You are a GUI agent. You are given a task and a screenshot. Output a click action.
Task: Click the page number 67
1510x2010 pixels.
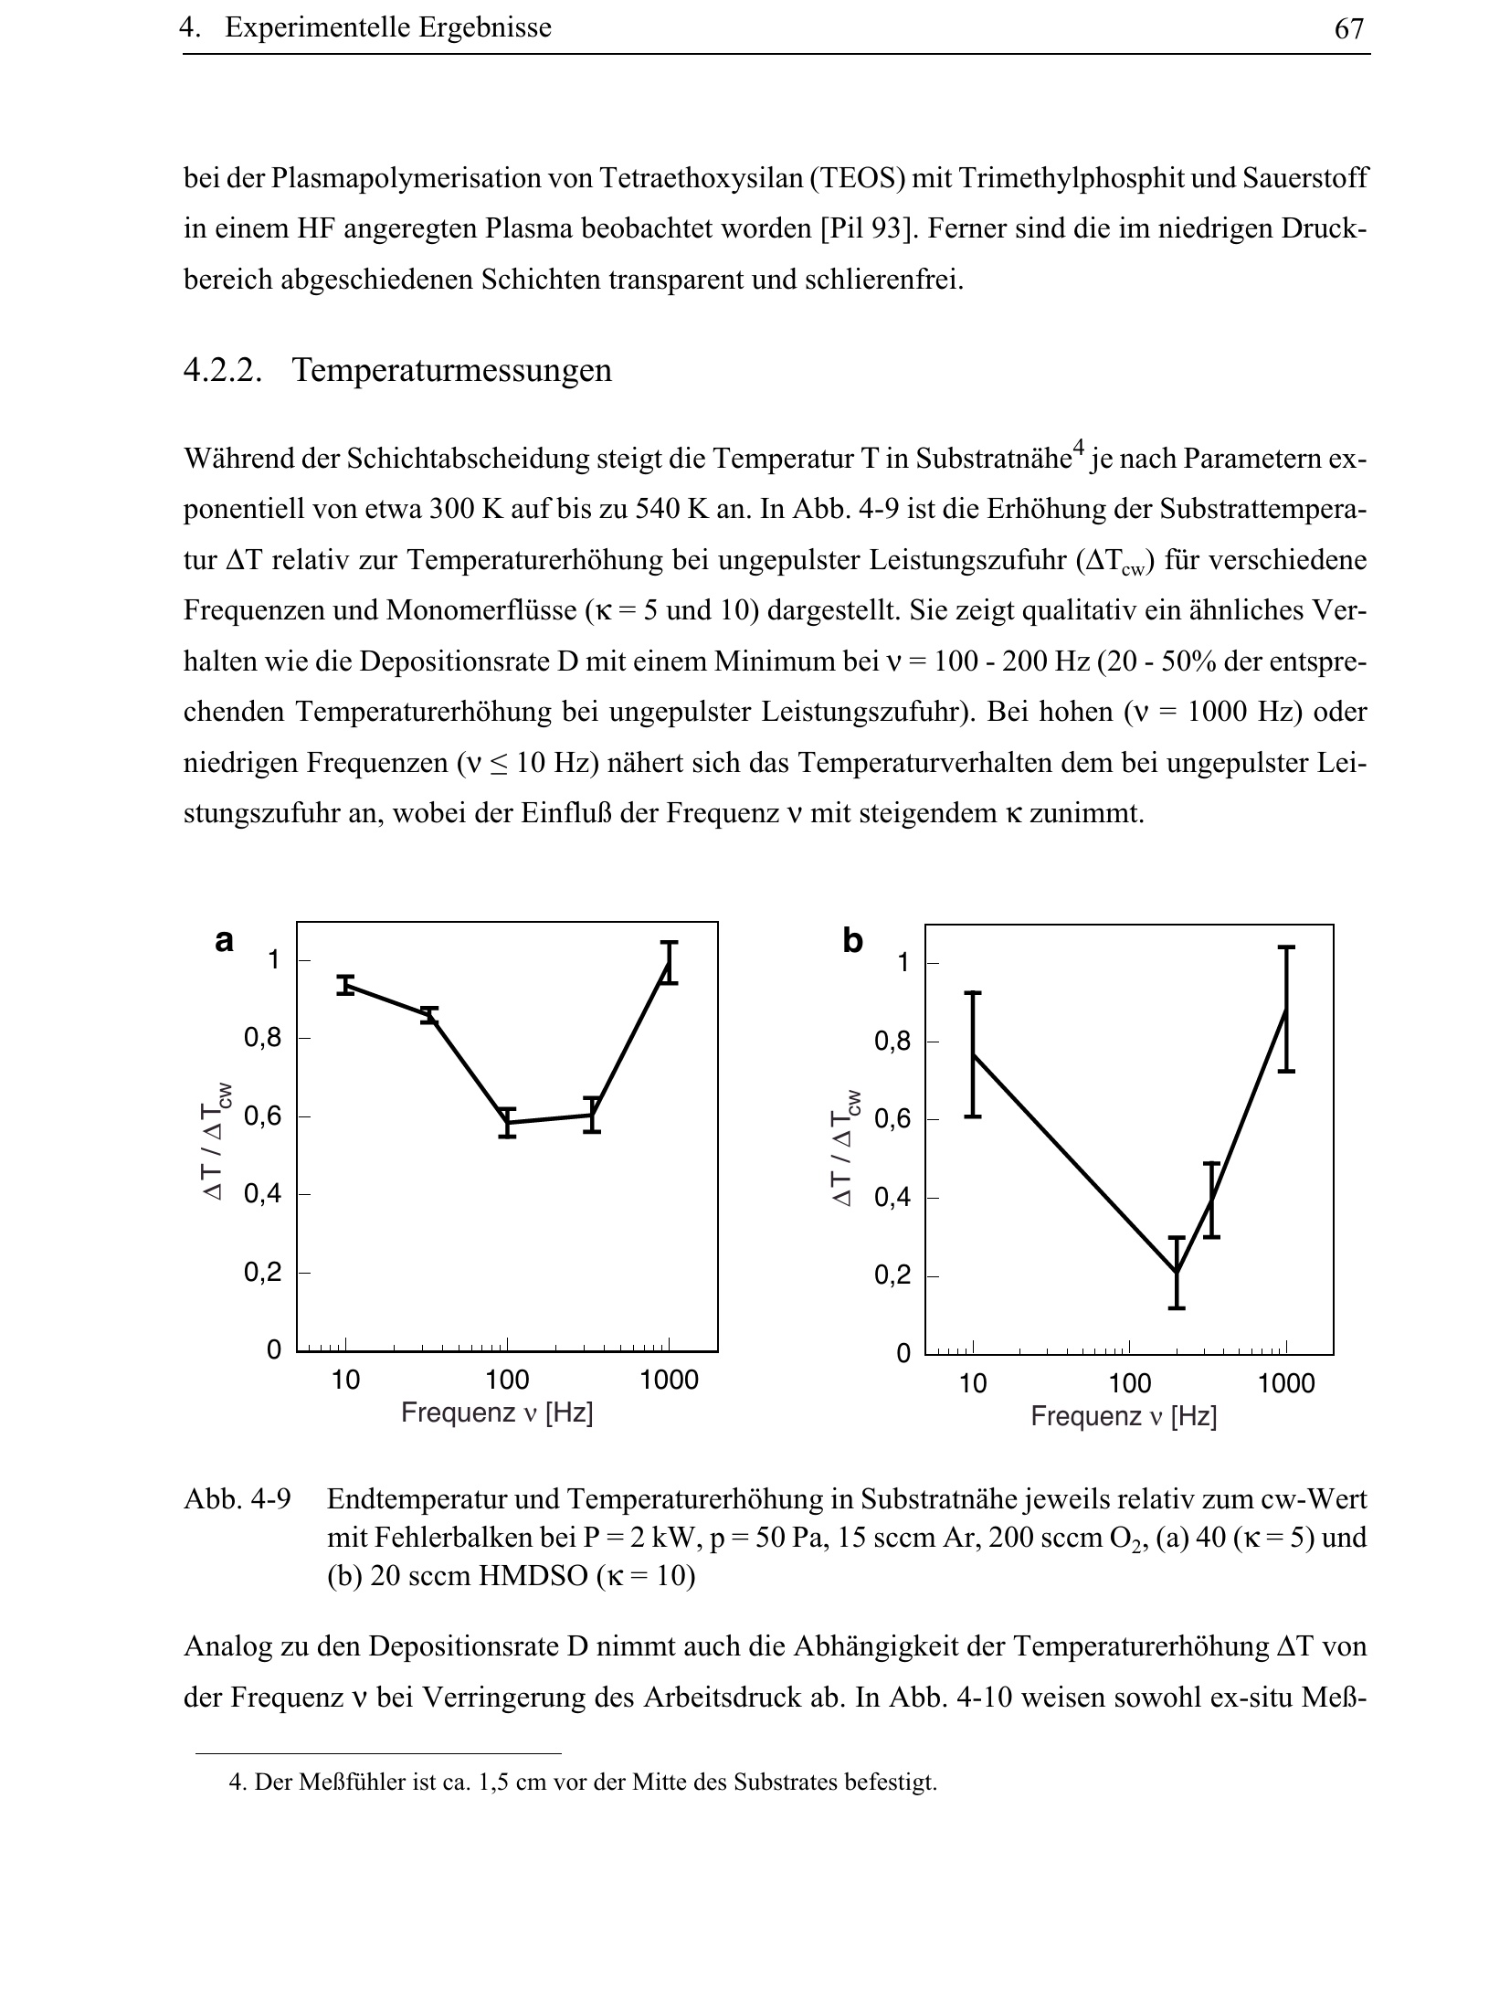[1348, 29]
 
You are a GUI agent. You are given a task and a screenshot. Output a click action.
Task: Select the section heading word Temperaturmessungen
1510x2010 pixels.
[452, 371]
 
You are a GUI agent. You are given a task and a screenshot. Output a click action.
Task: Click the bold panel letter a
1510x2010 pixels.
[224, 940]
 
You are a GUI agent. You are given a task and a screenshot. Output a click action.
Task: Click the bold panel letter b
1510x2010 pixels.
[852, 940]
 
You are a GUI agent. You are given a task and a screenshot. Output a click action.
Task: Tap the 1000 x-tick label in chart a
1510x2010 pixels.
[669, 1381]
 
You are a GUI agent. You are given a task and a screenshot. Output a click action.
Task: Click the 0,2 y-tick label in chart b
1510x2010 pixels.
[893, 1275]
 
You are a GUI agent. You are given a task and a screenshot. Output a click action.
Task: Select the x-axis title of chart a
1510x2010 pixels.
[497, 1413]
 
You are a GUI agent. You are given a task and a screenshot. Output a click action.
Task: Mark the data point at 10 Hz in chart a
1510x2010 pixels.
[345, 985]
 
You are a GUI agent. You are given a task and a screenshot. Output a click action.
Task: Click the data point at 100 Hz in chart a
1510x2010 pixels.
[508, 1123]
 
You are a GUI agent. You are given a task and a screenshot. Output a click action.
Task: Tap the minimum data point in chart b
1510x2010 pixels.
[1177, 1273]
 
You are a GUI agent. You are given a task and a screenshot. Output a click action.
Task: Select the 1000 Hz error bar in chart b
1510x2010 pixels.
[1286, 1009]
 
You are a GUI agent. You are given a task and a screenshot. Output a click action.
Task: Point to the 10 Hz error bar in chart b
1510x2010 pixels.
[973, 1054]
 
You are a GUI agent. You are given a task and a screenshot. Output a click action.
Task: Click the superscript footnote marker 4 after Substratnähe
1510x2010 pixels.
[1078, 448]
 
